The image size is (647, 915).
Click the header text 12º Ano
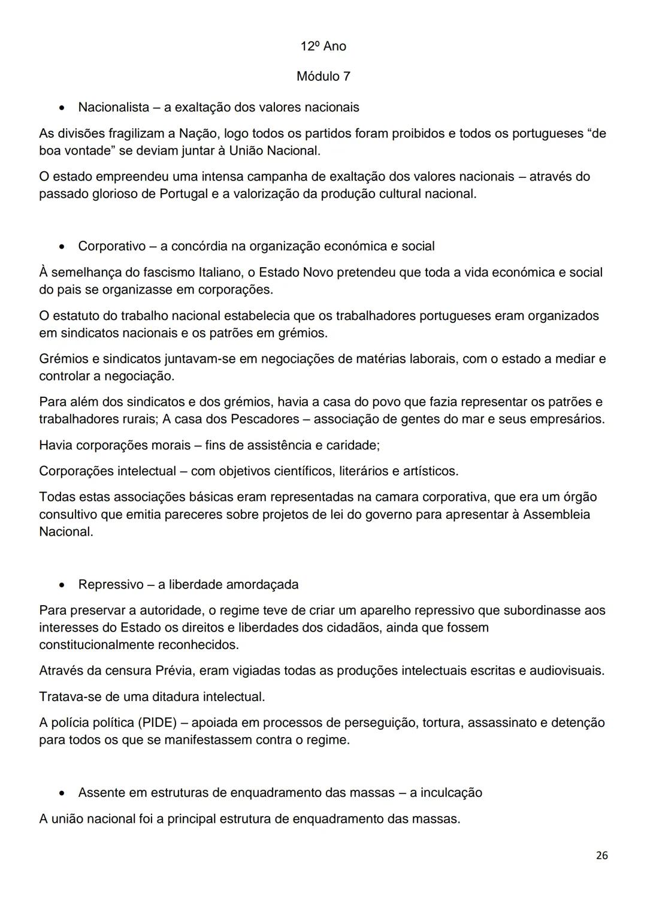point(323,46)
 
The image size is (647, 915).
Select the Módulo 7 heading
point(323,76)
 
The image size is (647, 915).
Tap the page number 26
point(602,855)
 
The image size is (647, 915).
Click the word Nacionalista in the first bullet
point(113,107)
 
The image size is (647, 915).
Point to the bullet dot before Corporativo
point(62,247)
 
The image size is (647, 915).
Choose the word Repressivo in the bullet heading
point(111,584)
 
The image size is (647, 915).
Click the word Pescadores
point(262,419)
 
